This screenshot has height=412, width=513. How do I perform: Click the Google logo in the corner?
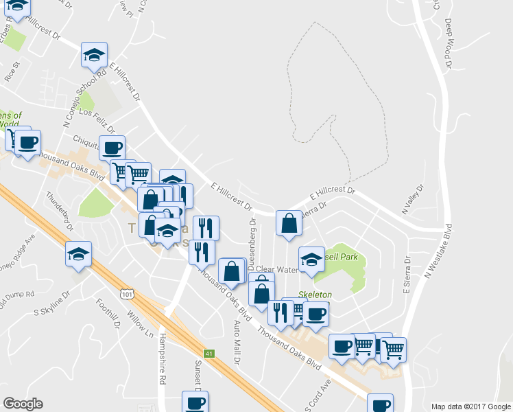point(23,404)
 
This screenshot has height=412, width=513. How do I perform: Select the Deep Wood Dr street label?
point(448,43)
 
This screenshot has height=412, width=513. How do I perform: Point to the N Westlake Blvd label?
point(438,251)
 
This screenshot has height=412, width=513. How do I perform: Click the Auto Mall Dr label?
point(237,341)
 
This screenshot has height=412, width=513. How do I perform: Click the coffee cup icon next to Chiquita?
point(112,146)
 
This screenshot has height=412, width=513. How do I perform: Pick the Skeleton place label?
point(315,295)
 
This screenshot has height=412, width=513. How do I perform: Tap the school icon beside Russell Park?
point(311,259)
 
